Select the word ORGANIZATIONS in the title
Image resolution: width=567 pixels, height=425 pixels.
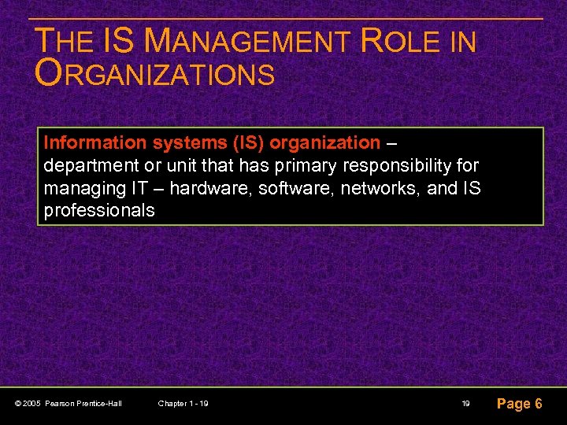point(155,75)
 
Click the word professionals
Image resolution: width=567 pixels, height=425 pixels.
point(99,212)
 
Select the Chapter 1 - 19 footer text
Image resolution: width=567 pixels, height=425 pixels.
point(183,404)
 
